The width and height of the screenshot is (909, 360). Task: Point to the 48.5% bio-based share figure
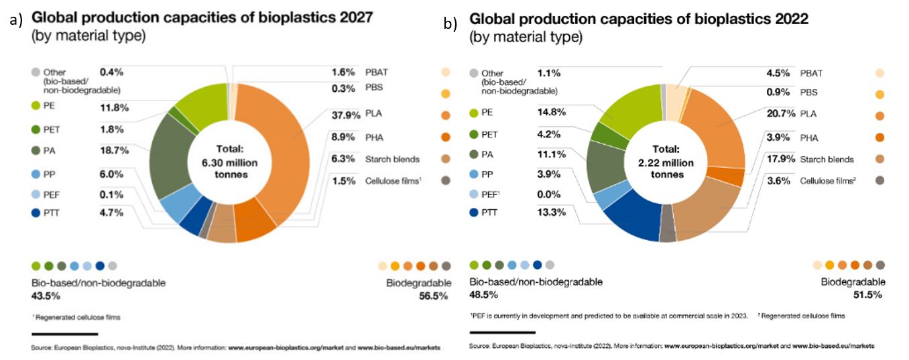point(484,294)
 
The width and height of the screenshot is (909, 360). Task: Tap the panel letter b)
point(450,24)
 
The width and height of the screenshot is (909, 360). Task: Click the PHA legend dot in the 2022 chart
point(880,137)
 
